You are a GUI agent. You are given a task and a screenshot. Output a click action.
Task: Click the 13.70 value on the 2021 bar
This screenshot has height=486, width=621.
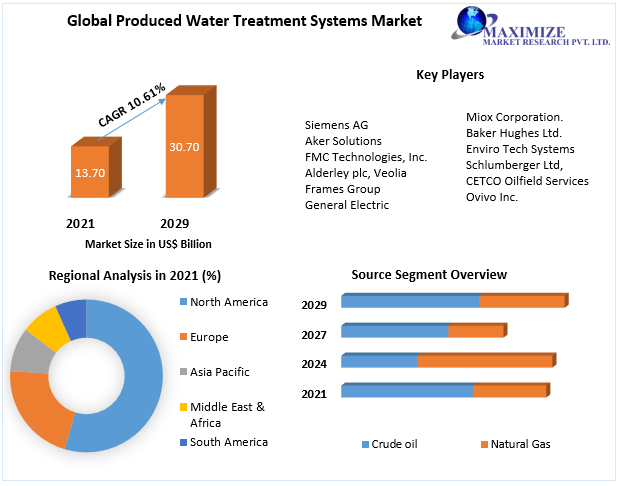click(x=89, y=172)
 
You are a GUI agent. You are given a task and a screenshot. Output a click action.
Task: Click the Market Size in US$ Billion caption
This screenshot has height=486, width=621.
click(x=148, y=244)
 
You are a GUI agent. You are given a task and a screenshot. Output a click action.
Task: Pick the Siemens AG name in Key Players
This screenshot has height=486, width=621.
click(x=336, y=125)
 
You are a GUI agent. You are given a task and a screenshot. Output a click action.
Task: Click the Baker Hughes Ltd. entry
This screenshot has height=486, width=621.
click(x=514, y=133)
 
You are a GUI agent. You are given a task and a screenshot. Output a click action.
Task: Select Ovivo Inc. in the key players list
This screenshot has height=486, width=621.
click(x=492, y=197)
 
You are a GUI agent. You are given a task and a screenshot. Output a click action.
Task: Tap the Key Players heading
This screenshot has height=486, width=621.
click(x=450, y=75)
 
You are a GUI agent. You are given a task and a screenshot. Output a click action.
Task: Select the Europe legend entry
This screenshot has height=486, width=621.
click(x=209, y=337)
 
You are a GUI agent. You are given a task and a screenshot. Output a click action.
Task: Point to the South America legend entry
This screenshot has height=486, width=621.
click(x=229, y=442)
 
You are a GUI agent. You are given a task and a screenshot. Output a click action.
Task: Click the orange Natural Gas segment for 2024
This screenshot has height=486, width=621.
click(x=484, y=361)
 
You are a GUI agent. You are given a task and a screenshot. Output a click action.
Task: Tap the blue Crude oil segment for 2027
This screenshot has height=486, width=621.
click(x=395, y=331)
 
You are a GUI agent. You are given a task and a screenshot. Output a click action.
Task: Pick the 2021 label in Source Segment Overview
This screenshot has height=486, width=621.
click(x=315, y=395)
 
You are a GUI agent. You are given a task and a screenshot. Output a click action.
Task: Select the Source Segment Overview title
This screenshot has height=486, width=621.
click(x=429, y=274)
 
